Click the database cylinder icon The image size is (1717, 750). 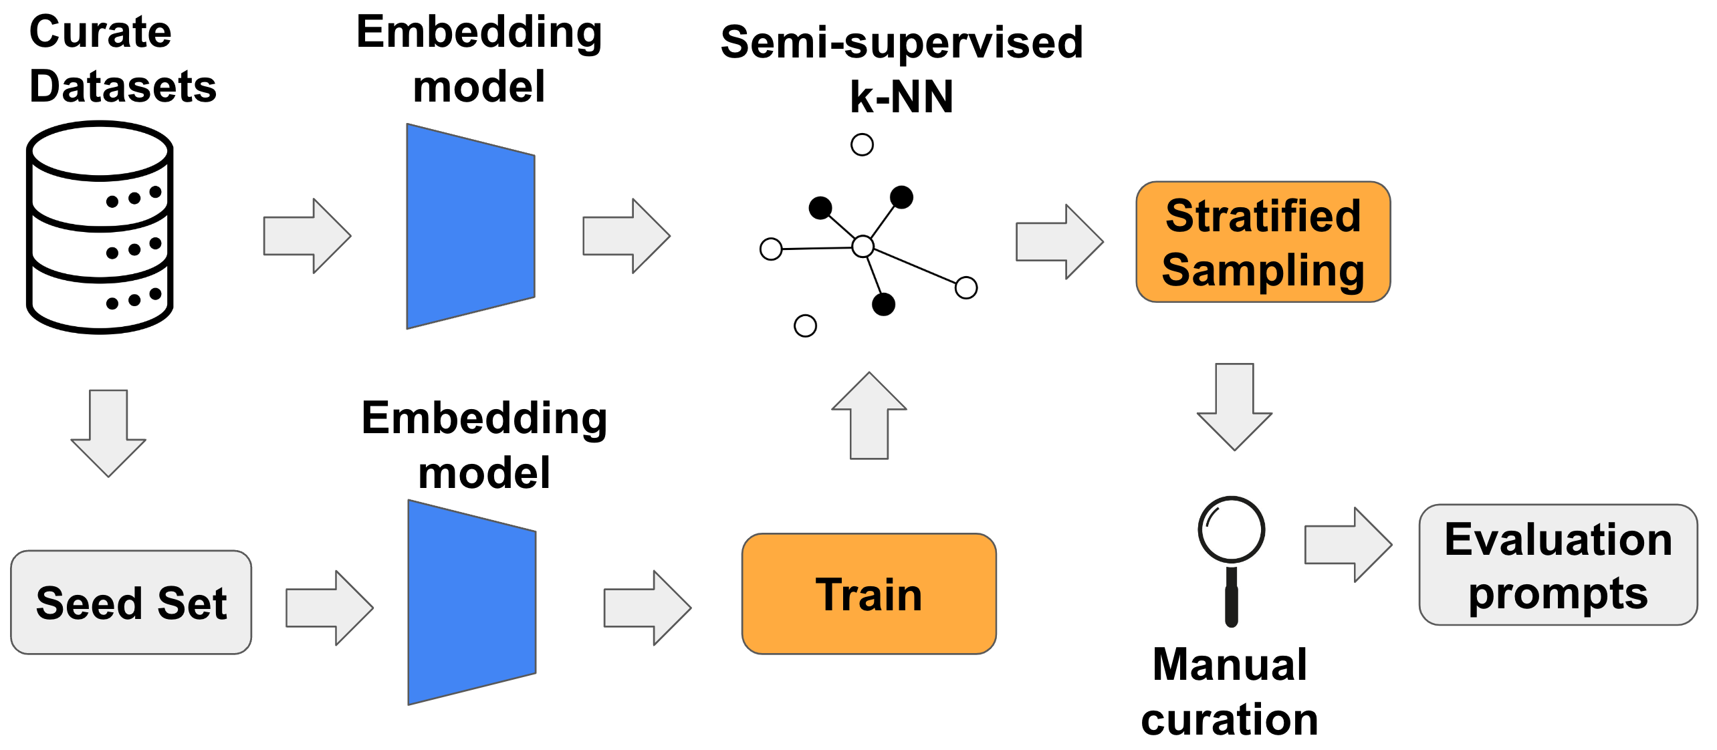click(100, 227)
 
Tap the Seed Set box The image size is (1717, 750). click(131, 602)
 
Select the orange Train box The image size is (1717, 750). click(869, 594)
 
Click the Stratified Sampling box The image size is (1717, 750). click(1263, 242)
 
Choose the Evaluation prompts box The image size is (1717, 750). click(1558, 565)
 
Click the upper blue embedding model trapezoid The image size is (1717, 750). click(471, 226)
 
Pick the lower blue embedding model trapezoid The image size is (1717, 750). click(472, 602)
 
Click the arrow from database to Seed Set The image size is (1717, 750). click(108, 433)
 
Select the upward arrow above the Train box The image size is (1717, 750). click(869, 416)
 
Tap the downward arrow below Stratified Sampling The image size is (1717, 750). click(1234, 407)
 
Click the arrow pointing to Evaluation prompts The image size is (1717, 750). click(1349, 545)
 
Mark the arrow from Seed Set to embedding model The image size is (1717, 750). click(330, 608)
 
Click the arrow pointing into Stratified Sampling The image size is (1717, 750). click(1060, 242)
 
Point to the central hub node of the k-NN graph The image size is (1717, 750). click(863, 247)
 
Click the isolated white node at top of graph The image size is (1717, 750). click(863, 144)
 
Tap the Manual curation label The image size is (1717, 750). click(1230, 692)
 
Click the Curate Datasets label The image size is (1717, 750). click(123, 59)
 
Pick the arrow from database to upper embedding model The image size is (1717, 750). click(308, 236)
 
